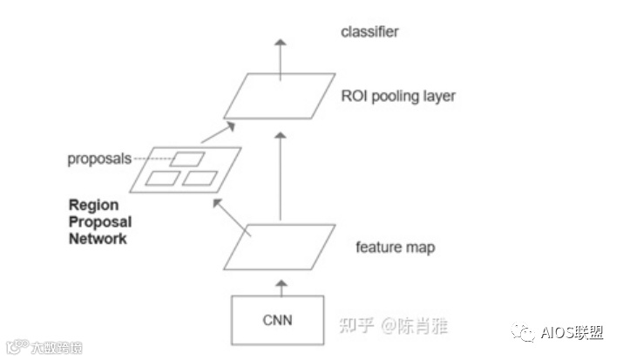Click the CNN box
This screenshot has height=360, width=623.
(278, 319)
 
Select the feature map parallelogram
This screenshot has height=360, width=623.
(280, 247)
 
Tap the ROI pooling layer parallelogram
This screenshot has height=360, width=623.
(279, 95)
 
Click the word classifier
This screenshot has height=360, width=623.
(369, 32)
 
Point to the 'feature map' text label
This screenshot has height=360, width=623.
(395, 248)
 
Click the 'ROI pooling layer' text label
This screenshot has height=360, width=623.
(398, 96)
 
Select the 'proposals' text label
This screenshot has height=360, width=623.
(98, 159)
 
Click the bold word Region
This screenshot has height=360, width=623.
(93, 207)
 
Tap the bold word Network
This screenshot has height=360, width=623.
(98, 238)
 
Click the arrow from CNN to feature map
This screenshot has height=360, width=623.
(280, 284)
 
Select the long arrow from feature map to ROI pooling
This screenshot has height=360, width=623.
(280, 174)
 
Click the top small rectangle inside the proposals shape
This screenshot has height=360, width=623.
(187, 159)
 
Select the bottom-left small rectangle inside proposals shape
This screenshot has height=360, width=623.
(162, 179)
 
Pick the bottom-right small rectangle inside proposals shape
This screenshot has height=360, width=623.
(200, 179)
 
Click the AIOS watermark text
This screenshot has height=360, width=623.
(571, 332)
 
